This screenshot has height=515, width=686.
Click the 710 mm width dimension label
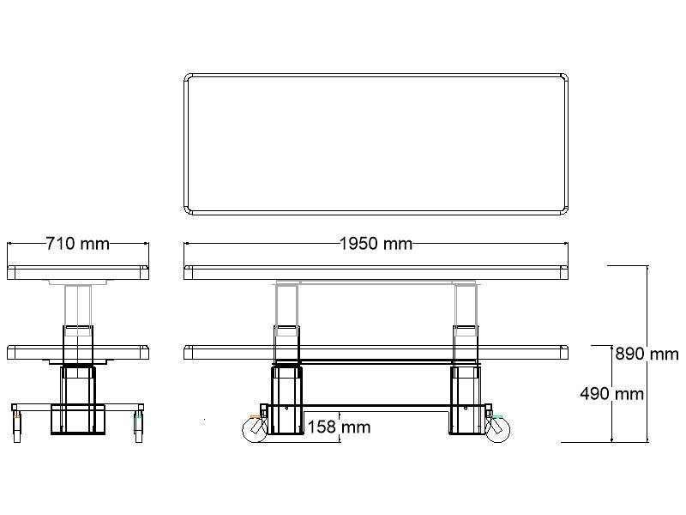tap(77, 244)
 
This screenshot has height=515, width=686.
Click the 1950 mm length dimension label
tap(376, 244)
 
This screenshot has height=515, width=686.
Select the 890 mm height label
tap(647, 354)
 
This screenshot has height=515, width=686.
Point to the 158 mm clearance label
tap(339, 426)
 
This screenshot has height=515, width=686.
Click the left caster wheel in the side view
tap(255, 428)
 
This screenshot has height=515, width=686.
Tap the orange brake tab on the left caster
tap(253, 417)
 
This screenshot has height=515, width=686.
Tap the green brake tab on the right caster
tap(497, 417)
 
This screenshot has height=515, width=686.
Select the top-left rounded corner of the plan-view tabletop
tap(190, 79)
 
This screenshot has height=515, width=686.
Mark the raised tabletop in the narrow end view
tap(77, 273)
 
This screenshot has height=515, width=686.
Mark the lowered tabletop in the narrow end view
tap(77, 352)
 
